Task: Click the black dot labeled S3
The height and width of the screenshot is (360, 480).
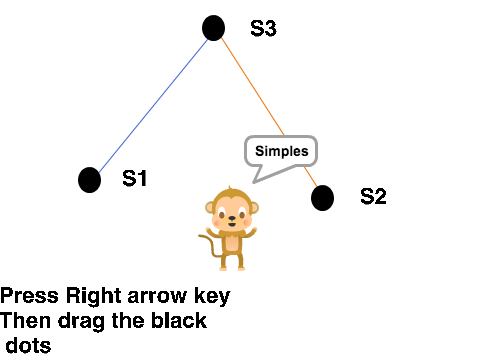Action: (213, 28)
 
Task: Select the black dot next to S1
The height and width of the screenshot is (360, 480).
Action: (89, 180)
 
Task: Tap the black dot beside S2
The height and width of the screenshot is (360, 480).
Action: (322, 198)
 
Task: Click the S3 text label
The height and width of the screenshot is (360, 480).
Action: (263, 28)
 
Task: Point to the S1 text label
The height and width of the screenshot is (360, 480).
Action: (135, 178)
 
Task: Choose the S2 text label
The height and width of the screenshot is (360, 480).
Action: (373, 196)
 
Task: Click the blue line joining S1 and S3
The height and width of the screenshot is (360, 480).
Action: (153, 106)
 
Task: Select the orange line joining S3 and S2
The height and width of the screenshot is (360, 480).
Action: (269, 112)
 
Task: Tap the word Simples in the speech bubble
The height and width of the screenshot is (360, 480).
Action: (282, 151)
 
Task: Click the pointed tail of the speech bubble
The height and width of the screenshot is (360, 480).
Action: (254, 182)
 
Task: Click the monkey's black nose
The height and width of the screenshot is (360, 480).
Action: (232, 219)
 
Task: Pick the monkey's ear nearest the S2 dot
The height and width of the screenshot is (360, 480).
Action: (254, 208)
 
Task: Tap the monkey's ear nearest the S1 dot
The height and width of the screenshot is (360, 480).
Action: (210, 208)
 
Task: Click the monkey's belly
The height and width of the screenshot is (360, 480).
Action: (232, 244)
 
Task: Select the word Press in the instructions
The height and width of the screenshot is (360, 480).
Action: (29, 295)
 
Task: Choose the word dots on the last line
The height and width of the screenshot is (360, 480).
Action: (28, 345)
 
